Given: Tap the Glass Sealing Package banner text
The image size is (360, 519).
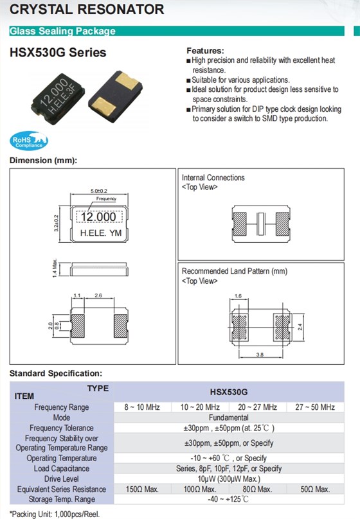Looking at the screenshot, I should click(63, 31).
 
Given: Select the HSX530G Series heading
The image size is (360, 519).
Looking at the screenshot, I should click(58, 53).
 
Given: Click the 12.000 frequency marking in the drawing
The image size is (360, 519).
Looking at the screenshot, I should click(98, 217).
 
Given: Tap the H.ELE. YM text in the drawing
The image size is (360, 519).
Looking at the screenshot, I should click(99, 234).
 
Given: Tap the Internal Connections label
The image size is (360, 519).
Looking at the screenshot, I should click(213, 178).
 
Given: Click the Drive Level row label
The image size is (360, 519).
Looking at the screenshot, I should click(61, 479).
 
